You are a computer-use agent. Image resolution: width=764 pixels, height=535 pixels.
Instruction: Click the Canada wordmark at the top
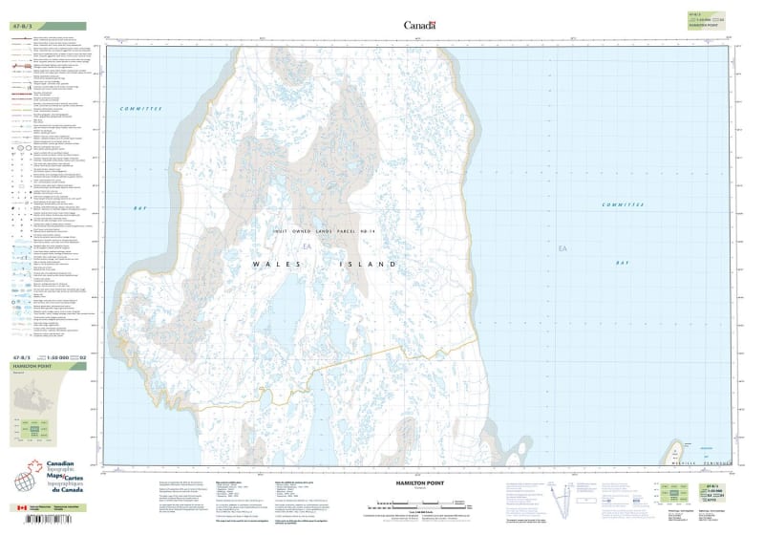pyautogui.click(x=420, y=25)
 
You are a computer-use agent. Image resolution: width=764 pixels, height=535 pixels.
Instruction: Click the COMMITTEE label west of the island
pyautogui.click(x=142, y=110)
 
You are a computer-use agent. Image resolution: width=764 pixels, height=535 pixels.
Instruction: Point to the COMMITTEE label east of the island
pyautogui.click(x=625, y=204)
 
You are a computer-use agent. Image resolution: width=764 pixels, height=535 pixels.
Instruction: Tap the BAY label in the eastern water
pyautogui.click(x=623, y=262)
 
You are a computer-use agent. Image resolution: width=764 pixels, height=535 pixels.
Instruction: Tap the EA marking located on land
pyautogui.click(x=307, y=248)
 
